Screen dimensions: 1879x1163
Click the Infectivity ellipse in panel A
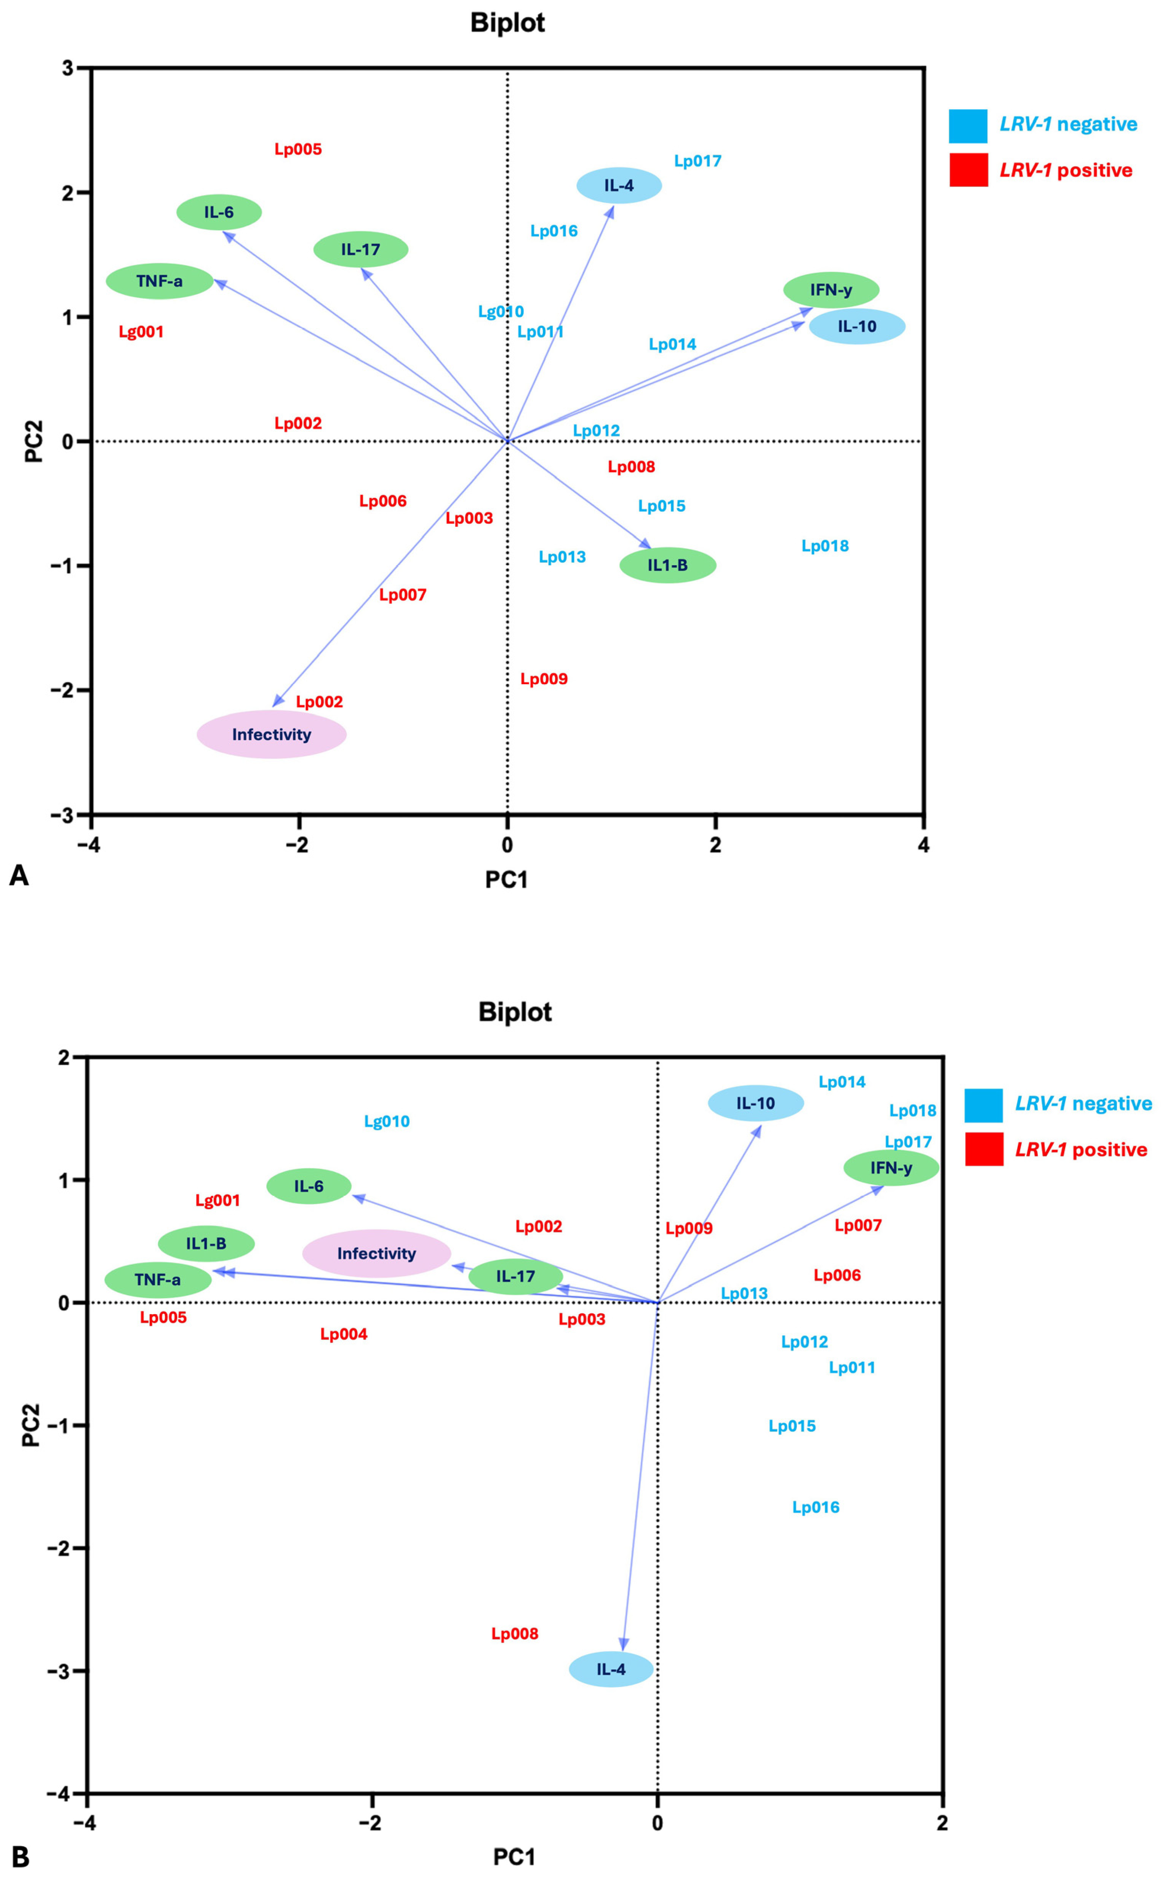coord(272,735)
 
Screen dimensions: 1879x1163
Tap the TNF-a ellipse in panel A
coord(159,282)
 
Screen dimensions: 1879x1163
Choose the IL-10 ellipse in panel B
coord(755,1103)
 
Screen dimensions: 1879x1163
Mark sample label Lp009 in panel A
coord(544,679)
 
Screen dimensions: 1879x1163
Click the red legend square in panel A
coord(968,170)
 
